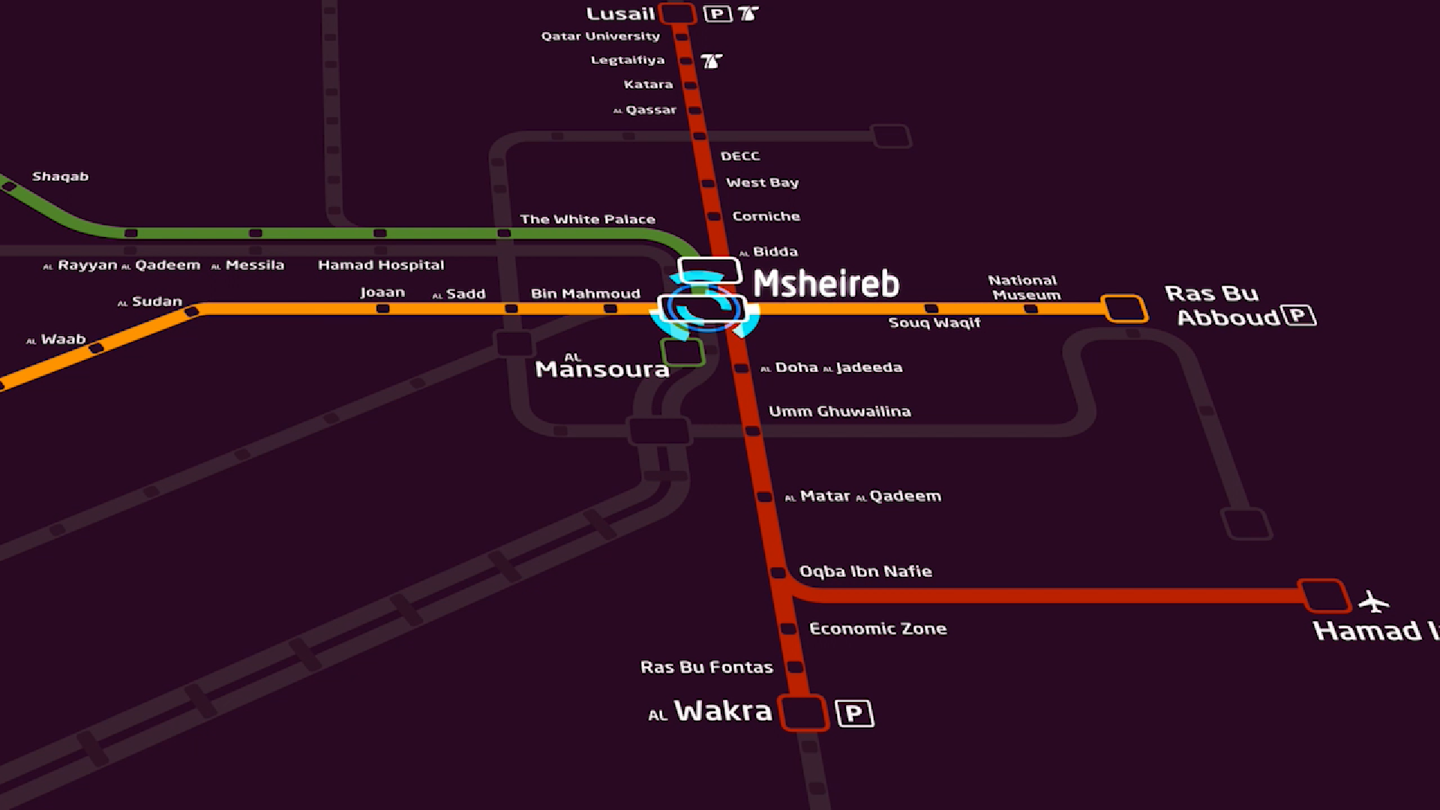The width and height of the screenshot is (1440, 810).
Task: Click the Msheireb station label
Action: pyautogui.click(x=826, y=283)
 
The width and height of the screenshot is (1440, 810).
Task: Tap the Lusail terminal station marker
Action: pyautogui.click(x=677, y=13)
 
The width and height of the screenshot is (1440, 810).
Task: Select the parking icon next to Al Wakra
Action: pyautogui.click(x=854, y=712)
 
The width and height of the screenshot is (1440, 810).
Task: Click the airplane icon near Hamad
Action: pyautogui.click(x=1373, y=601)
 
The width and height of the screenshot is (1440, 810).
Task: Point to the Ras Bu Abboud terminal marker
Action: pyautogui.click(x=1123, y=308)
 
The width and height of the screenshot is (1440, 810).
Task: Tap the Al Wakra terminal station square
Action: pyautogui.click(x=803, y=712)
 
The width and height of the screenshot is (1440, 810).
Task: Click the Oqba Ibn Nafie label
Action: pyautogui.click(x=865, y=571)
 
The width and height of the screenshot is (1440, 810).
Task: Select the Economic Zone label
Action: pyautogui.click(x=877, y=628)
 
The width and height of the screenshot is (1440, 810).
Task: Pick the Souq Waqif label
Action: pyautogui.click(x=934, y=322)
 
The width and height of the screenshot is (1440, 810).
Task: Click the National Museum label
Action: pyautogui.click(x=1024, y=287)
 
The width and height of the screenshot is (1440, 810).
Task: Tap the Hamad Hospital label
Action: pyautogui.click(x=381, y=265)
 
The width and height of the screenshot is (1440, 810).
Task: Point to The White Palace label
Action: pyautogui.click(x=587, y=219)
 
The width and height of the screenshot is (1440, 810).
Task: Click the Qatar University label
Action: pyautogui.click(x=601, y=36)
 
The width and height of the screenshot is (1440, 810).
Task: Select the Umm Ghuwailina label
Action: pyautogui.click(x=839, y=411)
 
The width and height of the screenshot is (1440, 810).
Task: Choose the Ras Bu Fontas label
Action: pyautogui.click(x=706, y=667)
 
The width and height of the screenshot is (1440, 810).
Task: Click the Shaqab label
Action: pyautogui.click(x=60, y=176)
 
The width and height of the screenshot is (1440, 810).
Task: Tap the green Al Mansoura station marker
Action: pyautogui.click(x=682, y=352)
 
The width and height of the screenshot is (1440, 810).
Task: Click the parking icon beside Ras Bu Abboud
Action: pyautogui.click(x=1300, y=315)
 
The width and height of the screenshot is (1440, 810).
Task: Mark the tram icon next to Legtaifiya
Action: pyautogui.click(x=711, y=61)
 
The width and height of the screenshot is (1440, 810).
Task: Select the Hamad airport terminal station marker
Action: pyautogui.click(x=1324, y=596)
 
